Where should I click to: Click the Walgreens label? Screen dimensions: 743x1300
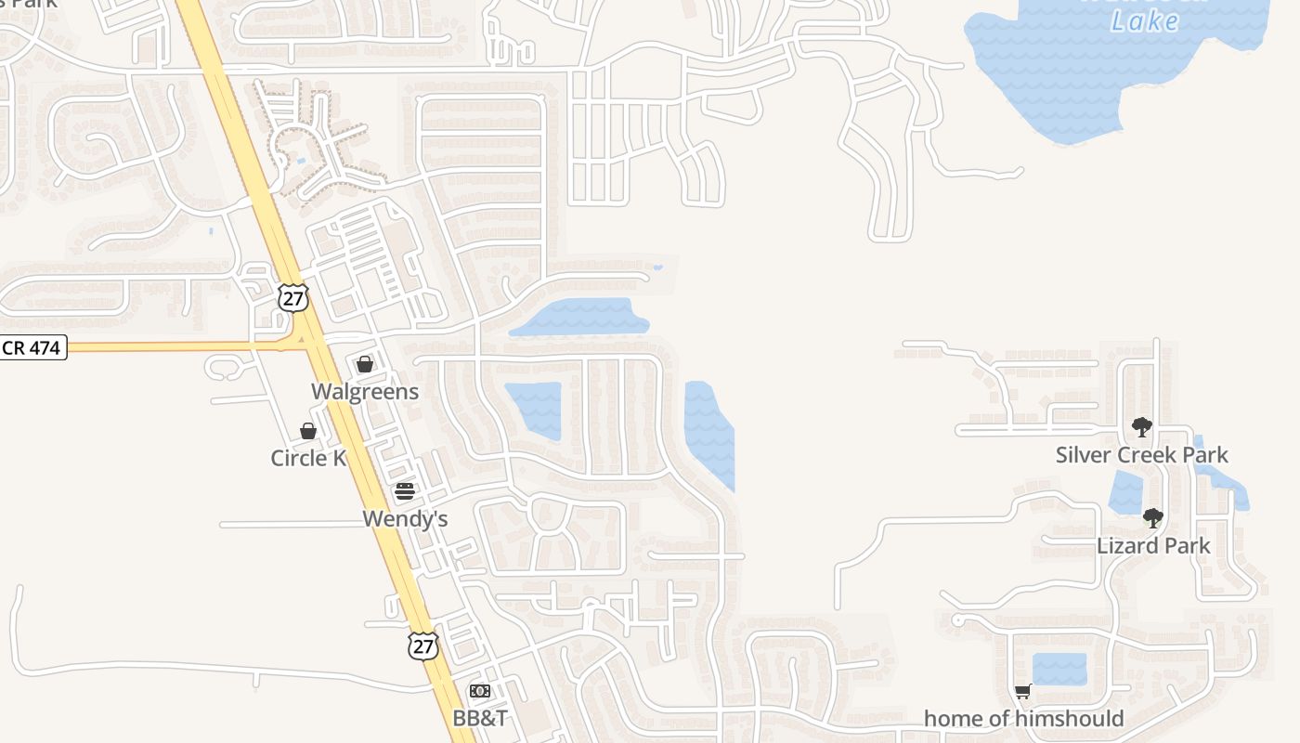365,392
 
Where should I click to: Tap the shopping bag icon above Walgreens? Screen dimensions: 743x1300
365,364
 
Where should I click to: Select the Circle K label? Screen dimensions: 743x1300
308,458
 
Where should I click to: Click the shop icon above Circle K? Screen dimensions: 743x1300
308,431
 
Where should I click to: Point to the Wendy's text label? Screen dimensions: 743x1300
405,518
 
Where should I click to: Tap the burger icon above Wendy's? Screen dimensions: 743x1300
404,491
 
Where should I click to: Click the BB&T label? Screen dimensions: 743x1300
480,718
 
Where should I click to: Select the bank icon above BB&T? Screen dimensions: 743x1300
480,691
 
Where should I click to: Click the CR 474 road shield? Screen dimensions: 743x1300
32,348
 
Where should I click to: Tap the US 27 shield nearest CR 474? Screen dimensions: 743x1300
292,298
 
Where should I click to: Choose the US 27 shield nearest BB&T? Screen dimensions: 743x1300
422,646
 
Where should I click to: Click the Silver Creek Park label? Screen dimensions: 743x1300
1141,455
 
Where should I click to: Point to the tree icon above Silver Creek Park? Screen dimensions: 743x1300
1141,427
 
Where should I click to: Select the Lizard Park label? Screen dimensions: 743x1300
1153,545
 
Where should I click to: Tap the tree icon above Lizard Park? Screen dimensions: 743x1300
1152,518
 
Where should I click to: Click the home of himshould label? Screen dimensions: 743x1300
1023,719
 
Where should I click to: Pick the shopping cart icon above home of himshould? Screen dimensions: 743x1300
1022,691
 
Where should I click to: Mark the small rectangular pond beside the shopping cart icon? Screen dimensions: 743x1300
1059,669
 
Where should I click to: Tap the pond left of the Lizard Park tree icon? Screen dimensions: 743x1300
1125,492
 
